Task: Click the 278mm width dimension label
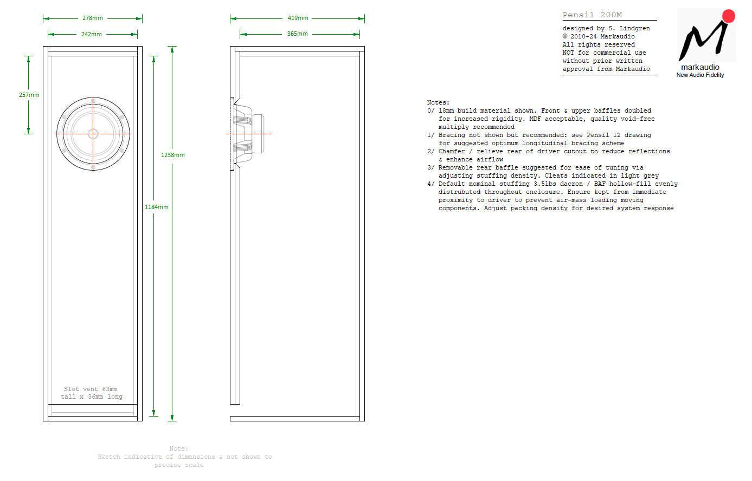pyautogui.click(x=93, y=18)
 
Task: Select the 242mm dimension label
pyautogui.click(x=91, y=34)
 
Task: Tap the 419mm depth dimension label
pyautogui.click(x=298, y=18)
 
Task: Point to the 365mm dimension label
pyautogui.click(x=298, y=34)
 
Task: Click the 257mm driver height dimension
pyautogui.click(x=29, y=95)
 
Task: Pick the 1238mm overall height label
pyautogui.click(x=173, y=155)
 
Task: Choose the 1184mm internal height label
pyautogui.click(x=157, y=207)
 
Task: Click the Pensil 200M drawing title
pyautogui.click(x=592, y=15)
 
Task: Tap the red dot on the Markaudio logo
pyautogui.click(x=729, y=16)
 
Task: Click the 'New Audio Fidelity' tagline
pyautogui.click(x=700, y=75)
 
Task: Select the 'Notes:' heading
pyautogui.click(x=438, y=102)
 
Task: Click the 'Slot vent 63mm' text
pyautogui.click(x=91, y=389)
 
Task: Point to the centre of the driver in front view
pyautogui.click(x=93, y=134)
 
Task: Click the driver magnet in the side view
pyautogui.click(x=258, y=134)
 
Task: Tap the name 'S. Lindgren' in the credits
pyautogui.click(x=629, y=29)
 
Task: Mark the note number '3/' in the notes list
pyautogui.click(x=430, y=168)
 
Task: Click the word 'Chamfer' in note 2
pyautogui.click(x=452, y=151)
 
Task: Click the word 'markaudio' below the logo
pyautogui.click(x=700, y=67)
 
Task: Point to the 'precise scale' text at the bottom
pyautogui.click(x=179, y=465)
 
